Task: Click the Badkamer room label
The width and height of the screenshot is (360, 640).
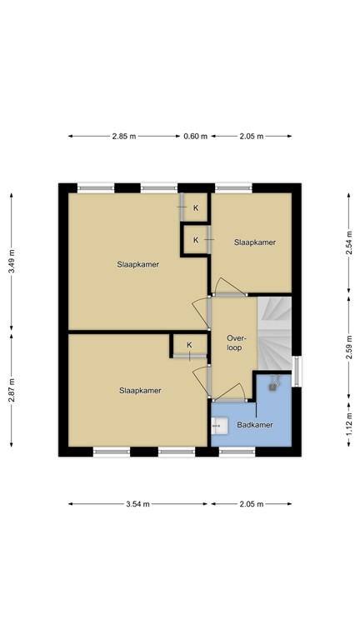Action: pyautogui.click(x=254, y=425)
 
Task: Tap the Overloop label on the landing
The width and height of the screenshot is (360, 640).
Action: pyautogui.click(x=234, y=342)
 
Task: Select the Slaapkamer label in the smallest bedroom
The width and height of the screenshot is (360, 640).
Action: pyautogui.click(x=255, y=242)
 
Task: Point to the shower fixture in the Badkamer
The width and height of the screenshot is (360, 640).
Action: pyautogui.click(x=272, y=386)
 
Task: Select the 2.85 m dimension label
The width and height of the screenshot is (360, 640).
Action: pyautogui.click(x=124, y=137)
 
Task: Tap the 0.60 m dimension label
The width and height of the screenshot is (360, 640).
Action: pyautogui.click(x=195, y=137)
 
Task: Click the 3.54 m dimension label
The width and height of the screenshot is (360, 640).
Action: pyautogui.click(x=138, y=504)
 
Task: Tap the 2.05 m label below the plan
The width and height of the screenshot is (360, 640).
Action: pyautogui.click(x=251, y=504)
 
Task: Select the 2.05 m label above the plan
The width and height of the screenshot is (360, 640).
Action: pyautogui.click(x=251, y=137)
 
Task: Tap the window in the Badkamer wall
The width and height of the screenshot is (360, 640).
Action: pyautogui.click(x=237, y=452)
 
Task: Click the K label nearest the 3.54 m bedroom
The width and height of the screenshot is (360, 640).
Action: pyautogui.click(x=189, y=345)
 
